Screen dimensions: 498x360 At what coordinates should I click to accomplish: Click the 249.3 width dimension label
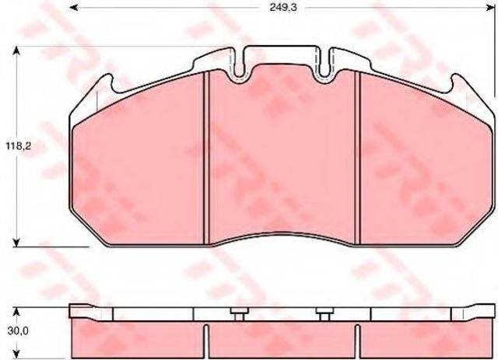[x=283, y=8]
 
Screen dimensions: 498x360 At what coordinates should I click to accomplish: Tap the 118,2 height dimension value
[x=19, y=146]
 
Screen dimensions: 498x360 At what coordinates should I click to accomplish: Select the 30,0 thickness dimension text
[x=18, y=331]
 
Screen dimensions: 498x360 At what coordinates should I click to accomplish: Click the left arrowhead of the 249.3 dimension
[x=74, y=7]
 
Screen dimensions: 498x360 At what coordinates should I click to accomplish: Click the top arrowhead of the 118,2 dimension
[x=17, y=51]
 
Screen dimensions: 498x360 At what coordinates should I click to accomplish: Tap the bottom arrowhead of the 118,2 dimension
[x=17, y=243]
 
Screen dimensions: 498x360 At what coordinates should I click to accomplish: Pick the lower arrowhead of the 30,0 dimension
[x=17, y=355]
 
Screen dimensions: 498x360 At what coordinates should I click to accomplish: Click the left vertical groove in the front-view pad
[x=206, y=158]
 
